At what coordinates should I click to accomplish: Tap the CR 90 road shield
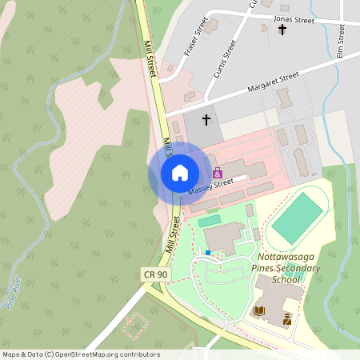pos(155,274)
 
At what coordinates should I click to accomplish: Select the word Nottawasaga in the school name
pos(289,258)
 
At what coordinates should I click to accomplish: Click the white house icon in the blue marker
pos(180,173)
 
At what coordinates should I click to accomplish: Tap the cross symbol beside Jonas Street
pos(282,30)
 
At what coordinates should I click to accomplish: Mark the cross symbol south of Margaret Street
pos(206,120)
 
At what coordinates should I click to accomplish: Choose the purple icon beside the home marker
pos(217,173)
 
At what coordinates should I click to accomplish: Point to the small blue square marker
pos(208,253)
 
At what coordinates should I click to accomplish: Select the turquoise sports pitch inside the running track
pos(297,218)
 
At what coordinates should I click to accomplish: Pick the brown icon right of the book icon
pos(286,318)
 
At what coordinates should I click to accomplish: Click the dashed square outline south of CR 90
pos(135,325)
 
